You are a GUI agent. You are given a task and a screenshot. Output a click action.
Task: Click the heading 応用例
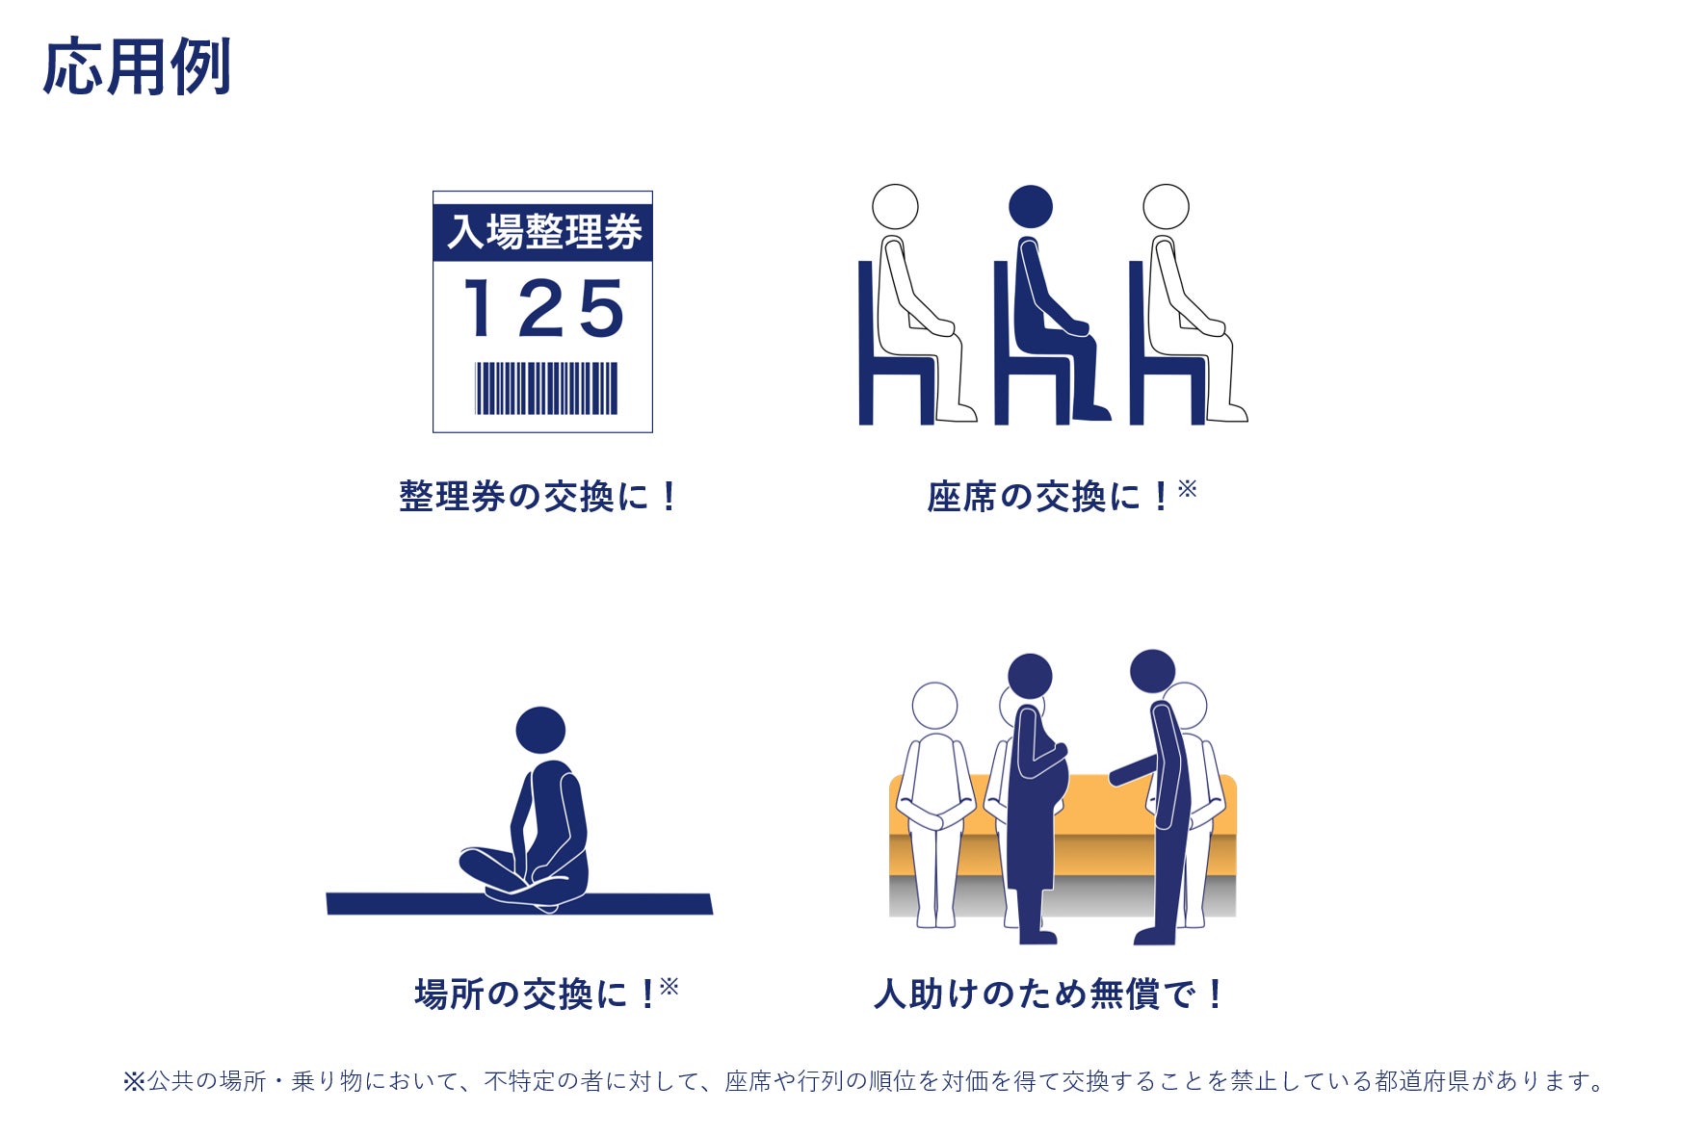pyautogui.click(x=137, y=66)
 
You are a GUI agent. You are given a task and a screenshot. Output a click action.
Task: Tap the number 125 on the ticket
pyautogui.click(x=544, y=308)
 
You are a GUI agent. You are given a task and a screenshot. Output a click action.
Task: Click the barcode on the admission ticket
pyautogui.click(x=546, y=388)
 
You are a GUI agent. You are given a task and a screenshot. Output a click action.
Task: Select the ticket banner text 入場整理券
pyautogui.click(x=544, y=232)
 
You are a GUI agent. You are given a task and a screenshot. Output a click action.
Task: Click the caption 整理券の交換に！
pyautogui.click(x=538, y=497)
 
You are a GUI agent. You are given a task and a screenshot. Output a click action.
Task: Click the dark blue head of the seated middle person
pyautogui.click(x=1031, y=207)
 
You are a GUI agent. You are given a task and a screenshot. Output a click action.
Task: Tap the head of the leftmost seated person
pyautogui.click(x=895, y=207)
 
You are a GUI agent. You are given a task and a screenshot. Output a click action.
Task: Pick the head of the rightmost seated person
pyautogui.click(x=1166, y=207)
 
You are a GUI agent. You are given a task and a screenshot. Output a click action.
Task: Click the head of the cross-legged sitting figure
pyautogui.click(x=540, y=730)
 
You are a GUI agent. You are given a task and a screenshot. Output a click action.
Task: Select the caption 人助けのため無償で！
pyautogui.click(x=1048, y=994)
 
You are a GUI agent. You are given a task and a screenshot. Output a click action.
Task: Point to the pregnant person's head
pyautogui.click(x=1030, y=677)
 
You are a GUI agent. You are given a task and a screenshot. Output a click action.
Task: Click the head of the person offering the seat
pyautogui.click(x=1152, y=672)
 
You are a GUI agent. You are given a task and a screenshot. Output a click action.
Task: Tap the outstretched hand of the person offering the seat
pyautogui.click(x=1117, y=775)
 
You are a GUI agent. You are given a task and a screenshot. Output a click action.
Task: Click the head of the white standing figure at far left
pyautogui.click(x=934, y=706)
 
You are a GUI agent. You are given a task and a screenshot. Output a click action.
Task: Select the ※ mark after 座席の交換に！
pyautogui.click(x=1187, y=489)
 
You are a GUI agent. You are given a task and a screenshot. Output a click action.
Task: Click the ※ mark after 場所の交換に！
pyautogui.click(x=669, y=986)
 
